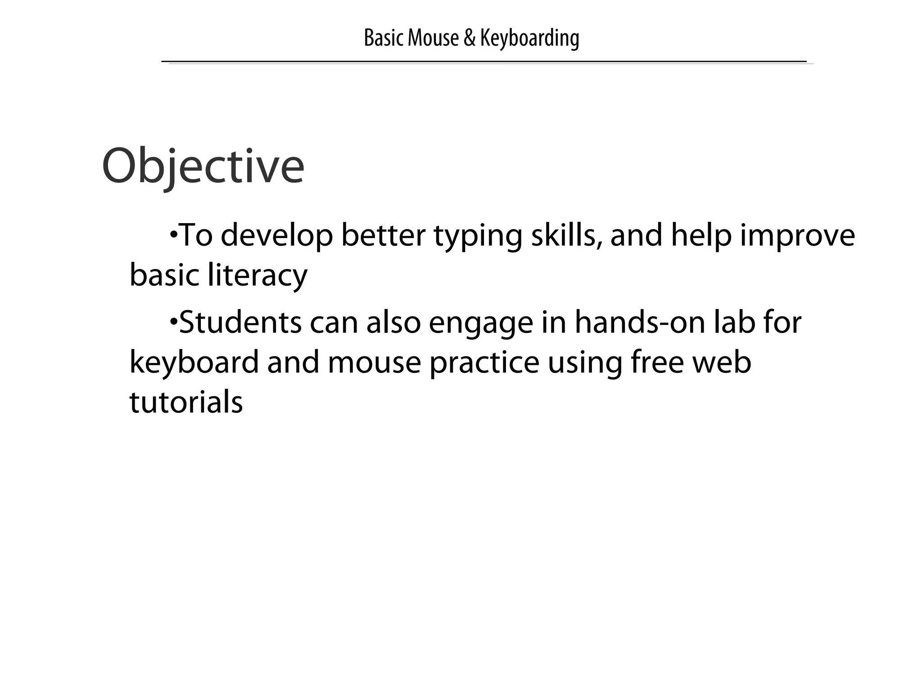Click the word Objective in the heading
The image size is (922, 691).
[x=203, y=166]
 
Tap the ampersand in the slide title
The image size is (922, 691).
[x=469, y=38]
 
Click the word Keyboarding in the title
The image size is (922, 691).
[x=529, y=38]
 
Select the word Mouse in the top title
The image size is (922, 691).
[x=433, y=38]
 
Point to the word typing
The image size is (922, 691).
[x=478, y=236]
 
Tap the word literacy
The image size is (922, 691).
[x=258, y=275]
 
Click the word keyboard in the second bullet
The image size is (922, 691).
[x=194, y=362]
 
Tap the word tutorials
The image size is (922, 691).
[x=186, y=402]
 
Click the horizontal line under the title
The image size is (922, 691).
[x=484, y=61]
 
